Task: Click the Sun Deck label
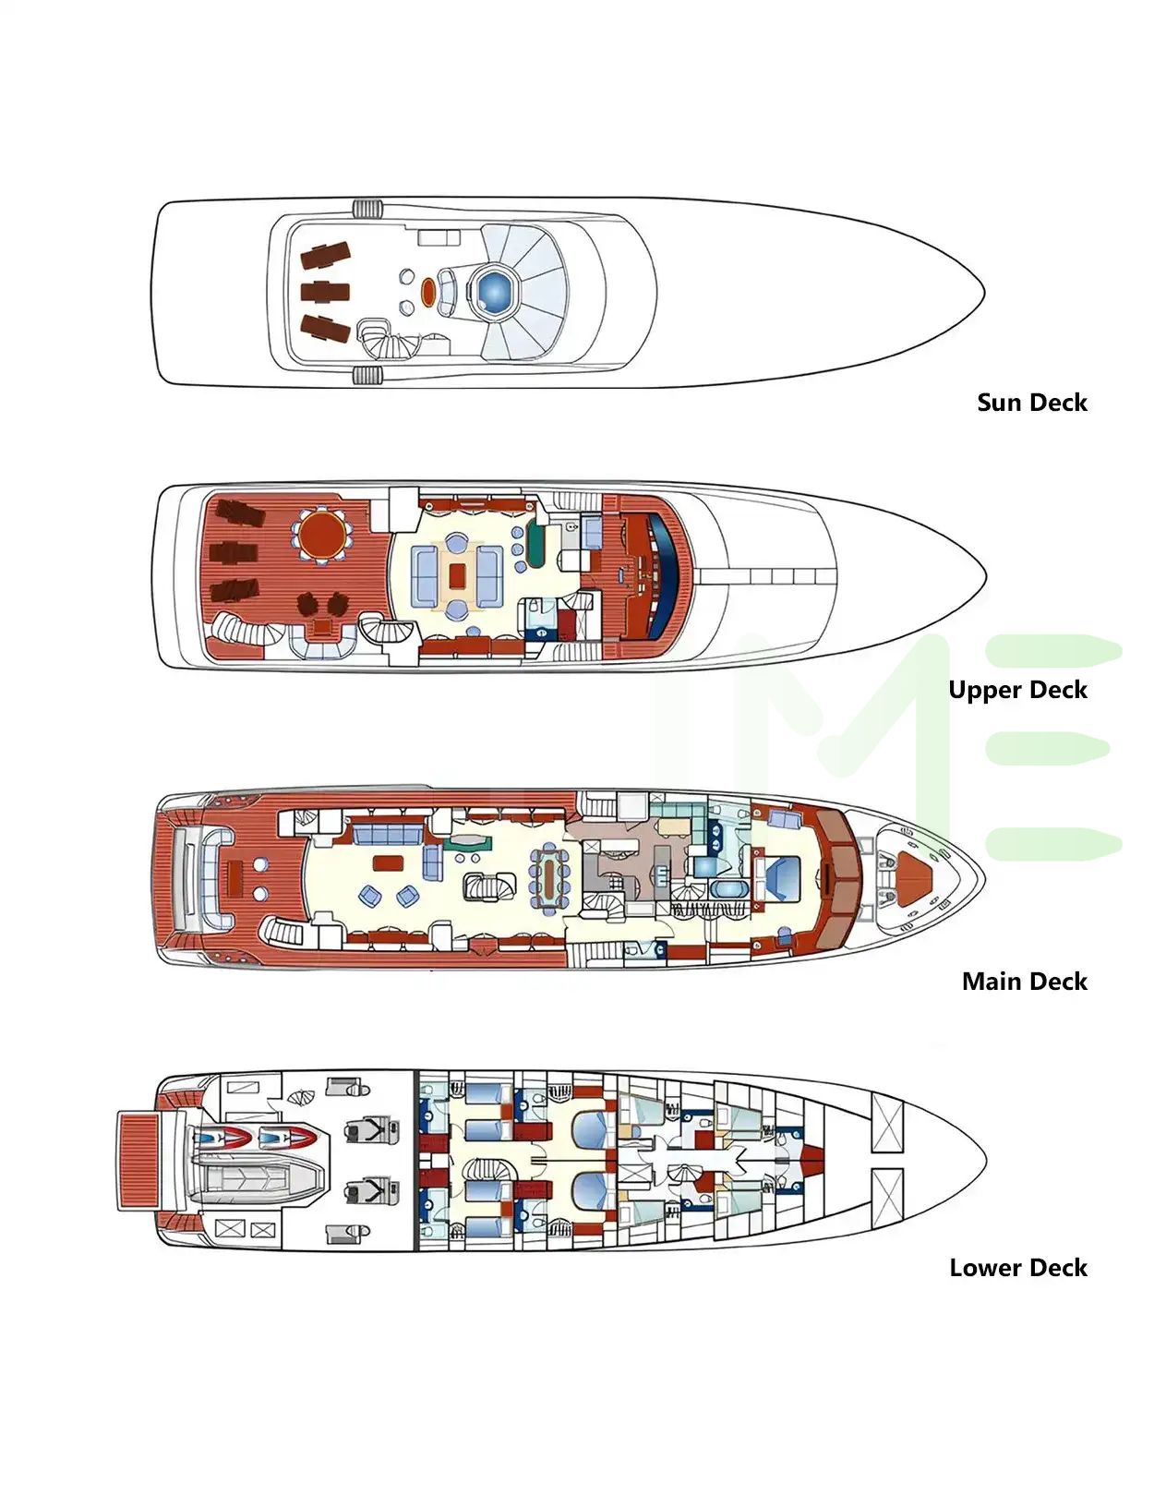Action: pos(1031,403)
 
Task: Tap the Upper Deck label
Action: pos(1017,690)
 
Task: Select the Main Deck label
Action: pos(1024,982)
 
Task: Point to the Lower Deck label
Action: pos(1017,1268)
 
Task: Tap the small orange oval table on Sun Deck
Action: pos(428,292)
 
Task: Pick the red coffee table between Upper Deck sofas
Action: pos(457,575)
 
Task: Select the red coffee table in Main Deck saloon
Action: pos(388,863)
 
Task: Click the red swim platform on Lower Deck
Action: pos(139,1161)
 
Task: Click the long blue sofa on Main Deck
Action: pos(386,835)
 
